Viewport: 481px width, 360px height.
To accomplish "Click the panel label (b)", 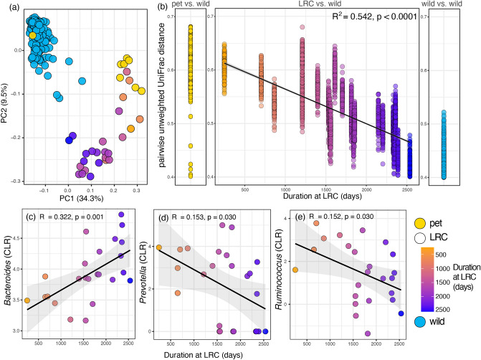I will [164, 8].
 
